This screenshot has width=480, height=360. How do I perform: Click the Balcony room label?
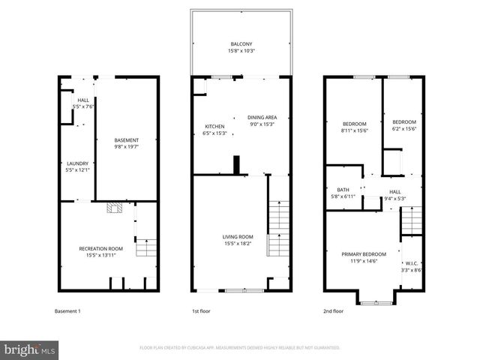coord(241,46)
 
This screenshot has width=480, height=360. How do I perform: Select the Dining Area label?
coord(262,121)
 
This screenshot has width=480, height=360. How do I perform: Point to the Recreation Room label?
coord(101,252)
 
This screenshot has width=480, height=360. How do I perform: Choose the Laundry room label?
coord(77,167)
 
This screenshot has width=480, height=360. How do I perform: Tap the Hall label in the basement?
coord(82,103)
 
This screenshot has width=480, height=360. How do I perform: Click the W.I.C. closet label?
coord(412,265)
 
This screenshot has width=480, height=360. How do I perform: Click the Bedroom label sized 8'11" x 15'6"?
coord(354,127)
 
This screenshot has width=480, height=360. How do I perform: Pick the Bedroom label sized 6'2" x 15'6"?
coord(403,125)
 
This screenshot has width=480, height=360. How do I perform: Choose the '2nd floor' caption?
coord(333,310)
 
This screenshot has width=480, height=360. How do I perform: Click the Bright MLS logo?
coord(30,349)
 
